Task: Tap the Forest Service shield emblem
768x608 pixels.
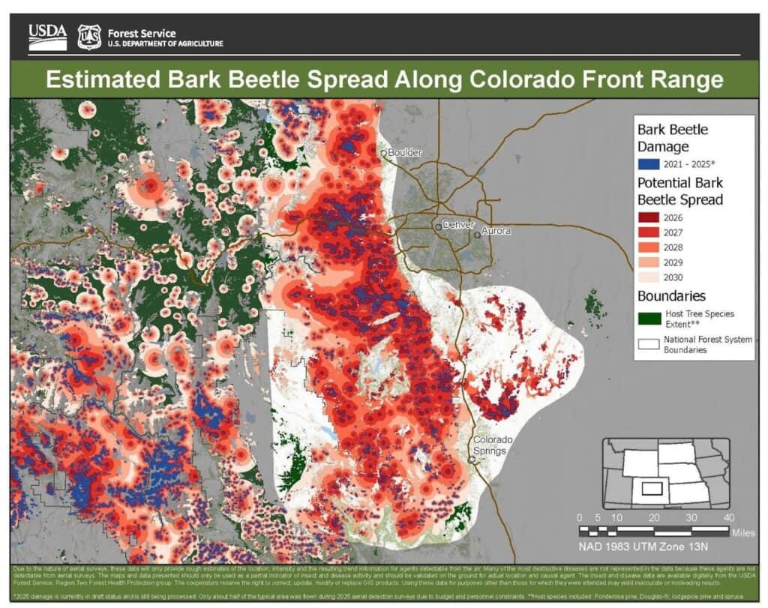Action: (89, 36)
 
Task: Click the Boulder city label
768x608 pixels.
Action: (404, 153)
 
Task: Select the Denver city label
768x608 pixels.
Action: (459, 224)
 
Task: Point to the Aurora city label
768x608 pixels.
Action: (496, 231)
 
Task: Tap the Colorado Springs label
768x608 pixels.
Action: (492, 445)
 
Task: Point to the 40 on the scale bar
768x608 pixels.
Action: (727, 518)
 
